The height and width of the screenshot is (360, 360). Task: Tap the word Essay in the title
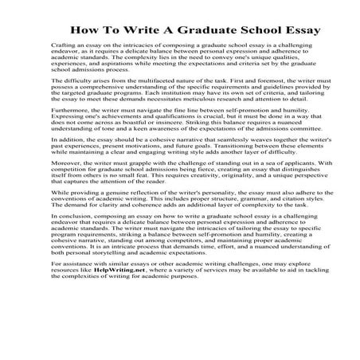tap(280, 32)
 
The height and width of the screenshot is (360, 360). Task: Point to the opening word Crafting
tap(65, 48)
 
